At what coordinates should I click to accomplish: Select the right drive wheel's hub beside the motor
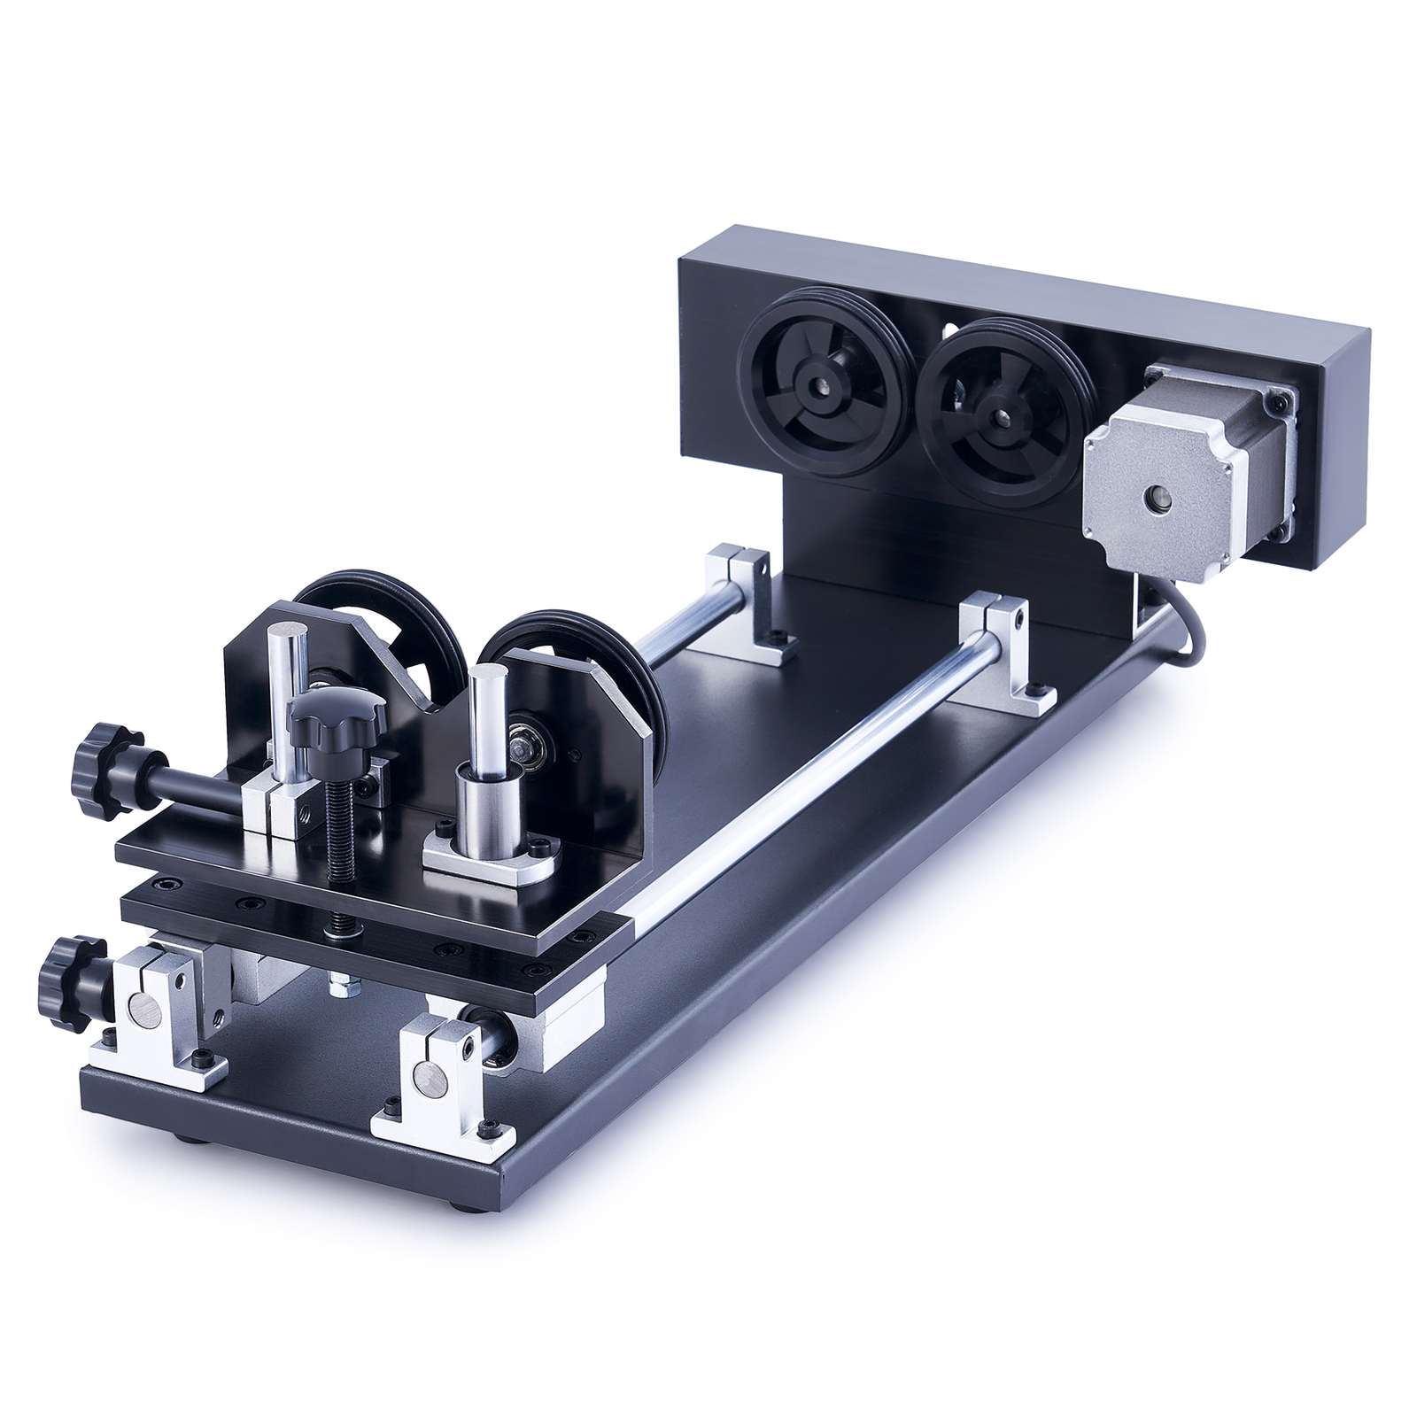[x=999, y=412]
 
